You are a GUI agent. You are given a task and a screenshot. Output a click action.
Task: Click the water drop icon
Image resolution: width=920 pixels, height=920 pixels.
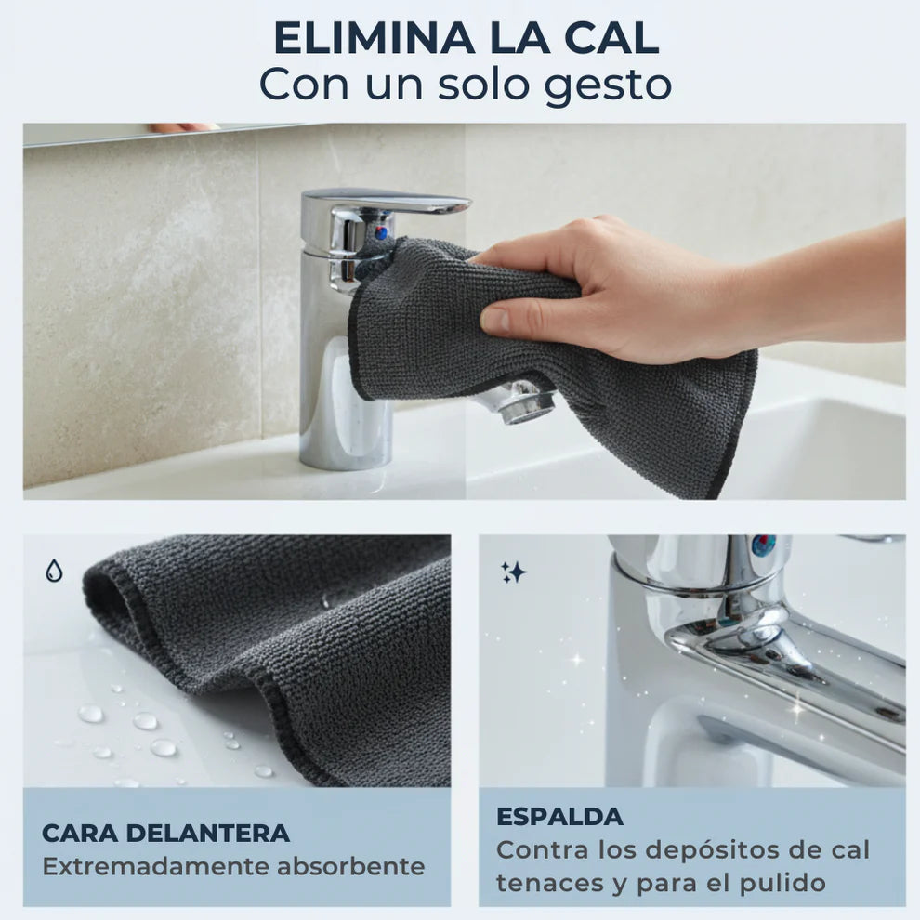point(54,572)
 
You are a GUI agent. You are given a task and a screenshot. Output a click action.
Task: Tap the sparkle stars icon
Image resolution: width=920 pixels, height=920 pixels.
point(513,572)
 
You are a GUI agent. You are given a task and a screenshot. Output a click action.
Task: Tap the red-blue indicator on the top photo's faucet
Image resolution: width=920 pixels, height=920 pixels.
point(380,232)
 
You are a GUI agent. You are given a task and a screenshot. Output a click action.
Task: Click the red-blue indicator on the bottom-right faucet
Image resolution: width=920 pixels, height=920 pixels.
point(764,545)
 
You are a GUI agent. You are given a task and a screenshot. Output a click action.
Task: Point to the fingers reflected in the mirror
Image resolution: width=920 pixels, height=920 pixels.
point(183,127)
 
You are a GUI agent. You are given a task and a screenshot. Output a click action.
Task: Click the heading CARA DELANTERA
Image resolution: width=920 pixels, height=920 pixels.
point(165,833)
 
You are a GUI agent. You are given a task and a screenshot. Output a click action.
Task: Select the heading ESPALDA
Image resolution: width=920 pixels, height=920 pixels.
point(559,817)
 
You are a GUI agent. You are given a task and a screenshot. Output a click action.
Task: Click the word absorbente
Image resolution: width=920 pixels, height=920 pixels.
point(350,867)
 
